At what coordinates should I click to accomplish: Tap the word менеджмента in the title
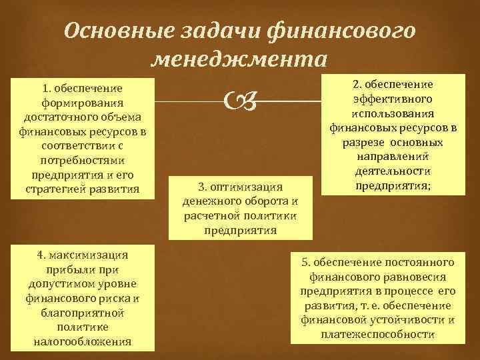tap(239, 61)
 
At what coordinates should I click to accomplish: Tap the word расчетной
tap(208, 216)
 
